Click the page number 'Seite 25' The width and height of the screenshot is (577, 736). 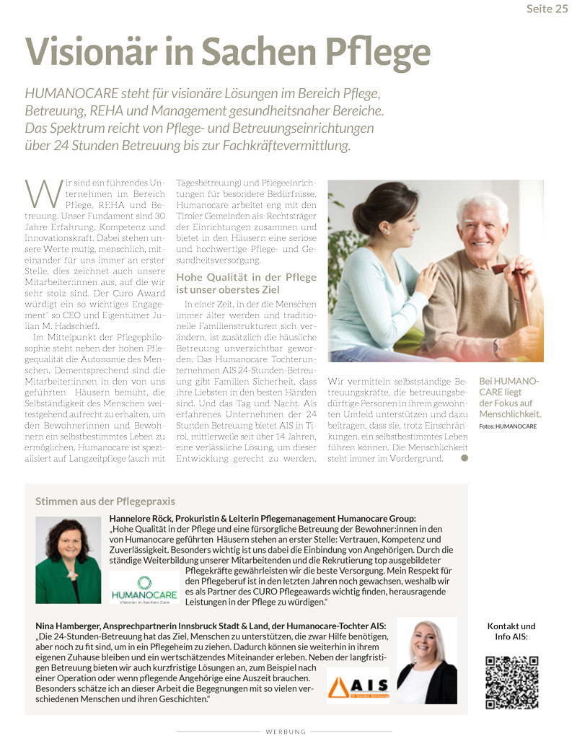(x=547, y=9)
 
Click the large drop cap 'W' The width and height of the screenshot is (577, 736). (x=39, y=193)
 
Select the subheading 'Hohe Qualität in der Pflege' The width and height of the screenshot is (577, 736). (x=246, y=277)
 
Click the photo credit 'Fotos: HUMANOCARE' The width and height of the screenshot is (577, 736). (x=508, y=426)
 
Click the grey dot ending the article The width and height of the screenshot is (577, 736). (x=464, y=457)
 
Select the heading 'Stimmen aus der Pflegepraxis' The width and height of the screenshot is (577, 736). (x=105, y=501)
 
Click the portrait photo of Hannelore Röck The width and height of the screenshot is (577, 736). (x=69, y=560)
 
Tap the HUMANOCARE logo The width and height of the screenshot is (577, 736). (x=144, y=588)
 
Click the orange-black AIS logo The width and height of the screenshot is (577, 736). (x=358, y=685)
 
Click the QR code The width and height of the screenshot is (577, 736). (x=511, y=683)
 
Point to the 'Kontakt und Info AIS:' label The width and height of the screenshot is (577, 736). (x=511, y=631)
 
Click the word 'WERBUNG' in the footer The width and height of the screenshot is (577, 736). (x=286, y=731)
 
